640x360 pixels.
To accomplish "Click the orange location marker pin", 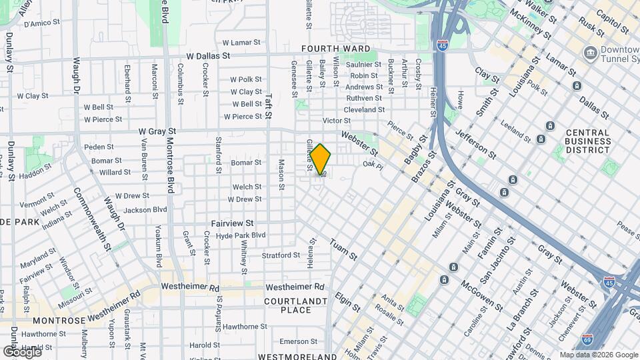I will click(x=320, y=159).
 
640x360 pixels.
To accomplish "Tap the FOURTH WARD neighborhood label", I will click(x=335, y=49).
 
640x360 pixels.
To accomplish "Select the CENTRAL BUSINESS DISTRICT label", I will click(x=588, y=141).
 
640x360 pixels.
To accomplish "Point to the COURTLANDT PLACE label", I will click(x=297, y=305).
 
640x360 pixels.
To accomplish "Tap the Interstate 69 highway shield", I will click(x=587, y=340).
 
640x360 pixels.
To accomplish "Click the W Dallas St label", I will click(x=208, y=57).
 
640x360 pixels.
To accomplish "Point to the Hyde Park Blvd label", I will click(x=241, y=235).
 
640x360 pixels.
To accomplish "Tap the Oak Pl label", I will click(x=371, y=164).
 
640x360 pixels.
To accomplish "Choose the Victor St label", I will click(x=336, y=121).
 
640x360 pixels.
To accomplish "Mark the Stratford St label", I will click(x=281, y=255).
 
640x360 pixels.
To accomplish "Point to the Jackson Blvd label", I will click(x=145, y=209).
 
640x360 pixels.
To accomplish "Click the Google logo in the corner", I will click(x=22, y=351).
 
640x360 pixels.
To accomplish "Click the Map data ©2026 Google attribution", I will click(x=598, y=355).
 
